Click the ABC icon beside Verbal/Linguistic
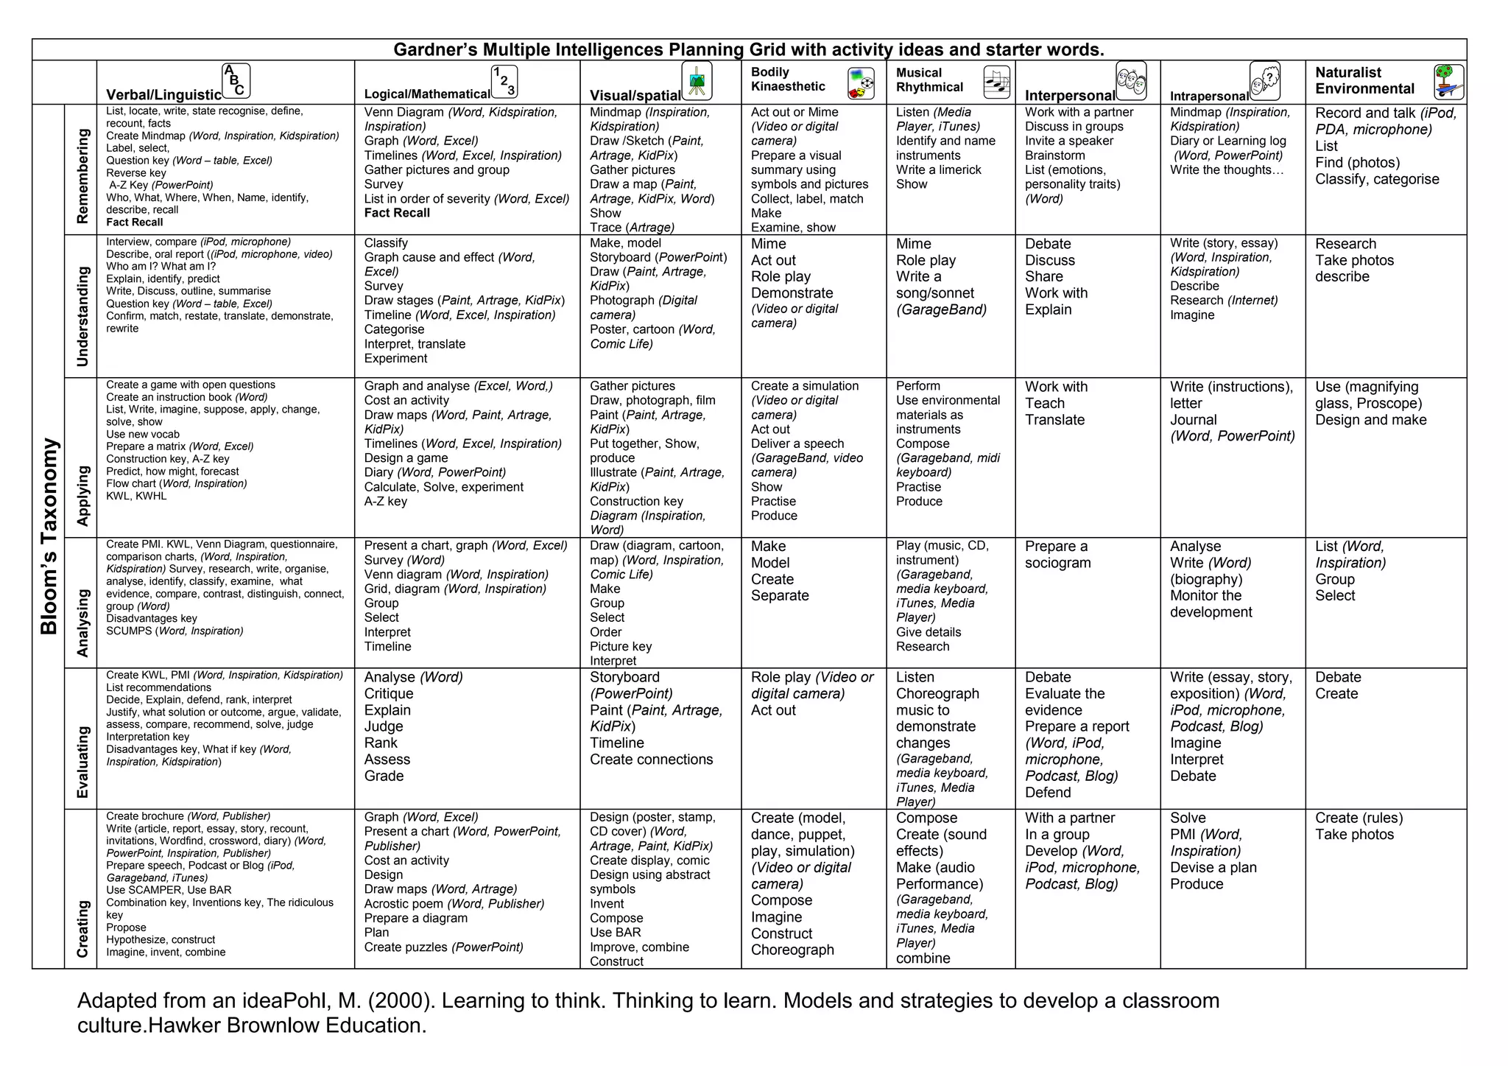point(236,81)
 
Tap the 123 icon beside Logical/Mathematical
point(504,82)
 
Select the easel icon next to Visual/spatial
point(697,81)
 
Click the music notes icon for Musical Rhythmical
point(996,82)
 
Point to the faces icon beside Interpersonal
point(1131,81)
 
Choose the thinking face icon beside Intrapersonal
point(1265,81)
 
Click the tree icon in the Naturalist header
point(1448,82)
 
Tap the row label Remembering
point(82,175)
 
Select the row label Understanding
point(82,316)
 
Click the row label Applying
point(82,495)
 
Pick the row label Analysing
point(82,623)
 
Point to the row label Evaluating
point(82,762)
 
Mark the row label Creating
point(82,928)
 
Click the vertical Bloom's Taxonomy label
point(49,536)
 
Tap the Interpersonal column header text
point(1070,96)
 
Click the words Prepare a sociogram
point(1057,555)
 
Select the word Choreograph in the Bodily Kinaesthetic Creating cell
point(792,950)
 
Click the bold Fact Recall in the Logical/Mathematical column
point(397,213)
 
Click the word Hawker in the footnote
point(187,1025)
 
